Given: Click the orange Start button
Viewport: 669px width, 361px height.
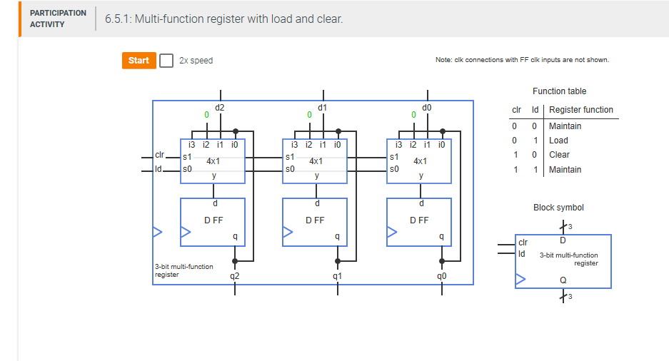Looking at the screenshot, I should [x=139, y=61].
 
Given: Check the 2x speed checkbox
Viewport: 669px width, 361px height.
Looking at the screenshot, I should [x=166, y=61].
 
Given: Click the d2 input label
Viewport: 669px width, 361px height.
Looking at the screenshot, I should [x=219, y=108].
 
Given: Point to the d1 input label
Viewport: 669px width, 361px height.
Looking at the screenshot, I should [x=323, y=108].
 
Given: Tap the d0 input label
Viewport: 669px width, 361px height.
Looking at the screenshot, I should [x=426, y=108].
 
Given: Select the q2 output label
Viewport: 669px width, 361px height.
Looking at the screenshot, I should [x=235, y=275].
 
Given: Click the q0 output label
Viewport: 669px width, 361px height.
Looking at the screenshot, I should [x=442, y=275].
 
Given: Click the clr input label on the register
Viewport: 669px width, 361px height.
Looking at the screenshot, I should [x=159, y=155].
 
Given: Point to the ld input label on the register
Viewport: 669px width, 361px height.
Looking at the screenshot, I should [x=159, y=169].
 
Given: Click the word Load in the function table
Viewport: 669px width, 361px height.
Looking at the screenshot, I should [x=558, y=141].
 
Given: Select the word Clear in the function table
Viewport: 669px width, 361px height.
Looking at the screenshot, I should [x=559, y=155].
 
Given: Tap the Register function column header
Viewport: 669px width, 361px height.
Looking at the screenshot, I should [x=580, y=110].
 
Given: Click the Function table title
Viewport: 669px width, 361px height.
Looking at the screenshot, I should [x=559, y=91].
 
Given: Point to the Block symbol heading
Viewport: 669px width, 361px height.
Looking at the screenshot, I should [x=558, y=208].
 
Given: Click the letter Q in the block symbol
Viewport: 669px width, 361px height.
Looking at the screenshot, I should [x=563, y=280].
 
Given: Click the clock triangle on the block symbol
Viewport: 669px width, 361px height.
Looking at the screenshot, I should [x=520, y=280].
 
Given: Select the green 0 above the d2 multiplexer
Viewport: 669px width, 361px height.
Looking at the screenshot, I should [x=206, y=114].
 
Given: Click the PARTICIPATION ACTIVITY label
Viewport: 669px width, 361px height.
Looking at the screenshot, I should [x=58, y=19].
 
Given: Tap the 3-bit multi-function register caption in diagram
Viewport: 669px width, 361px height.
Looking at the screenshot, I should [x=183, y=270].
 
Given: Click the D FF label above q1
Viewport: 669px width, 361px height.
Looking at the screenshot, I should [x=315, y=220].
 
